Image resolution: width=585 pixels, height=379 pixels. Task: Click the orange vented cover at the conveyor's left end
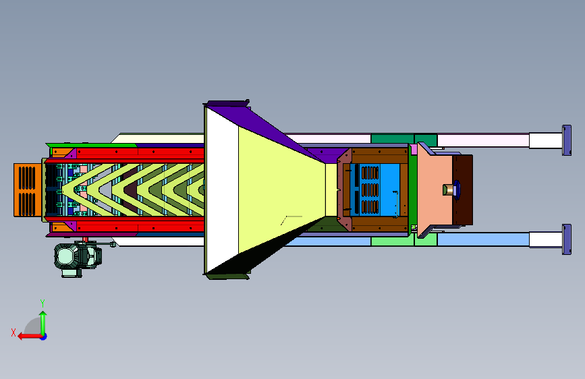[28, 190]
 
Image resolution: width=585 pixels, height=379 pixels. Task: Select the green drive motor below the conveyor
[78, 258]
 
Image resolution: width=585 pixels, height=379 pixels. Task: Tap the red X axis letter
[13, 332]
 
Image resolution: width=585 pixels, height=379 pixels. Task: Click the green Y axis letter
[43, 303]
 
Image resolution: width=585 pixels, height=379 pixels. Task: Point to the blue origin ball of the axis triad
[44, 337]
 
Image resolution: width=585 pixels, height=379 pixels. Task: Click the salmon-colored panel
[435, 190]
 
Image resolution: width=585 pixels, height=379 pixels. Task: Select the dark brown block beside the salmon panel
[463, 190]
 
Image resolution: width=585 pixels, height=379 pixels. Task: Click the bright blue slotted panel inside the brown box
[379, 189]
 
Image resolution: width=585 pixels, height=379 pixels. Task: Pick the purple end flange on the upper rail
[567, 140]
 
